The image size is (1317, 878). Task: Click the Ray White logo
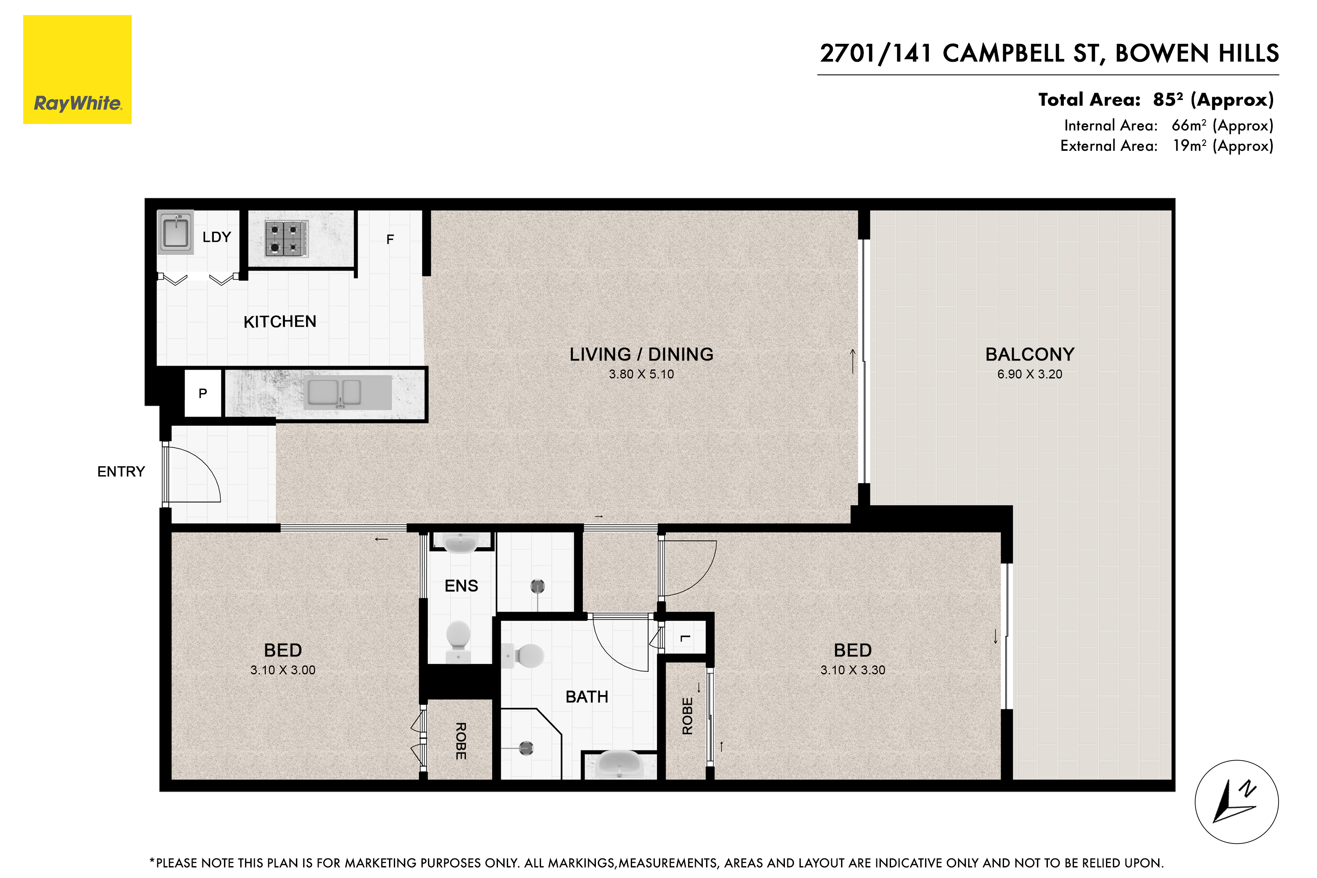click(x=77, y=70)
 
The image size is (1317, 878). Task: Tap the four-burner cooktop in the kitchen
click(x=287, y=239)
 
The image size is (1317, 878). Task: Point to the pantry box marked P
click(x=203, y=393)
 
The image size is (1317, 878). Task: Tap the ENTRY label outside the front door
click(x=121, y=472)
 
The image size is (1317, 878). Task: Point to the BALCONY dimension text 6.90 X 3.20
click(x=1029, y=374)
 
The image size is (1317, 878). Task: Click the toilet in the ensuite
click(x=459, y=640)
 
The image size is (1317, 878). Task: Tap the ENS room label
click(x=461, y=586)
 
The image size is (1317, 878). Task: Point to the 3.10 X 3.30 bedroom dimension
click(x=853, y=670)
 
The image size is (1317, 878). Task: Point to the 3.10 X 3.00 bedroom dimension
click(x=283, y=670)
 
